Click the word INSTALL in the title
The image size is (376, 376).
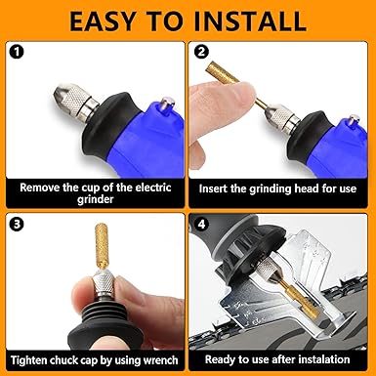(250, 21)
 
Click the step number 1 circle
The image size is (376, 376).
(17, 52)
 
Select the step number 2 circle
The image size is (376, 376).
(201, 52)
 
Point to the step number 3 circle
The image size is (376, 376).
(17, 225)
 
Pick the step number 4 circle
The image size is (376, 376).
(201, 225)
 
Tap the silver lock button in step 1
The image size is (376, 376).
(166, 105)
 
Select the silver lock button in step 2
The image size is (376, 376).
(354, 120)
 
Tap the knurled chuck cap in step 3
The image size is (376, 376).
(103, 284)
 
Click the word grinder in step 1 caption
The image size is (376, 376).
(96, 199)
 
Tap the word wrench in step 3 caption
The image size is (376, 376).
(161, 360)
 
